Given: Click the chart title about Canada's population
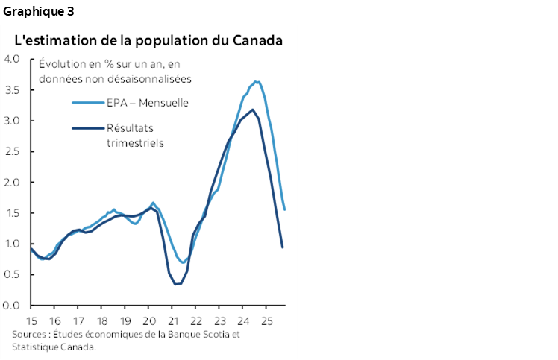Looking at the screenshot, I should coord(148,40).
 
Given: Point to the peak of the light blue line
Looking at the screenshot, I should coord(256,81).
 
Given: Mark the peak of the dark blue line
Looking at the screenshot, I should coord(253,110).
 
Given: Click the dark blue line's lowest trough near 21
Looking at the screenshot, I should coord(176,284).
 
